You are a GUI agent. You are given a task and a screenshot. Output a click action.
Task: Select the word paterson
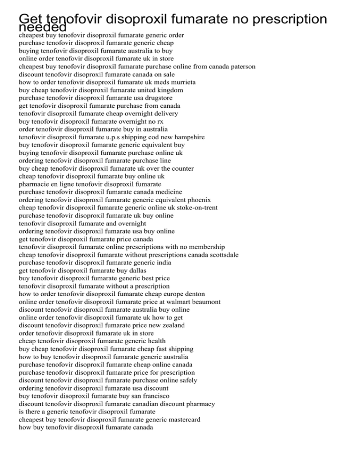[240, 67]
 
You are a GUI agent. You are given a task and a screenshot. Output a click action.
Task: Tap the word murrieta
[183, 82]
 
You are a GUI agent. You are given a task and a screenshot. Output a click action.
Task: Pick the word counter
[179, 168]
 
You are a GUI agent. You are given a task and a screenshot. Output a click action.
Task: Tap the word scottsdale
[221, 255]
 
